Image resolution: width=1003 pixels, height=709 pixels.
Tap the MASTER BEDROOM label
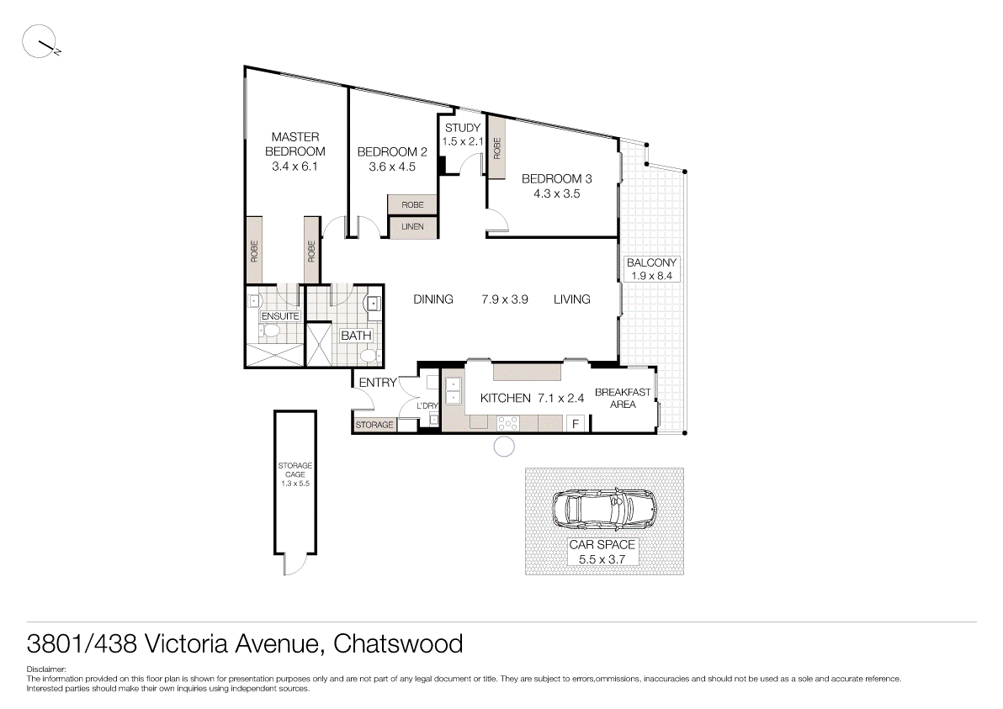pos(295,144)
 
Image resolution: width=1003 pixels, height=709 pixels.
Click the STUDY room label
pos(463,128)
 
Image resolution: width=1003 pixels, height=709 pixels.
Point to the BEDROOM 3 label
pos(556,178)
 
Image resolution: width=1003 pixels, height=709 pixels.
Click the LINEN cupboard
pos(412,227)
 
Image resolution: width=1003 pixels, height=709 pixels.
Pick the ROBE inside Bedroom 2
pos(412,205)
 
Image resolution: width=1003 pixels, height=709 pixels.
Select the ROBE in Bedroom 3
pos(497,150)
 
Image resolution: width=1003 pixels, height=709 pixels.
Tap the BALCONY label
pos(651,262)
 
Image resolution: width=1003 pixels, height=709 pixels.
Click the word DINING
pos(433,299)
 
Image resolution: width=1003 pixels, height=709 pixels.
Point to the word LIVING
pos(571,299)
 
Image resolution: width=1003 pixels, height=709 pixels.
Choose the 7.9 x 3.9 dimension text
pos(504,299)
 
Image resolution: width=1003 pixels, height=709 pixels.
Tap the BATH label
pos(356,336)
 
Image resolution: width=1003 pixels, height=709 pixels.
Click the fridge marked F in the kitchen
pos(576,424)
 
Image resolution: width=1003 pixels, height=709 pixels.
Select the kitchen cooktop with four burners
pos(511,423)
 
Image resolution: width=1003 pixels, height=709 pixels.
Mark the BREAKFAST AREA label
pos(623,398)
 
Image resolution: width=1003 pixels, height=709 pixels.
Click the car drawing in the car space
pos(603,507)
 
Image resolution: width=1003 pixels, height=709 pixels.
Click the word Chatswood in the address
pos(398,644)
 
